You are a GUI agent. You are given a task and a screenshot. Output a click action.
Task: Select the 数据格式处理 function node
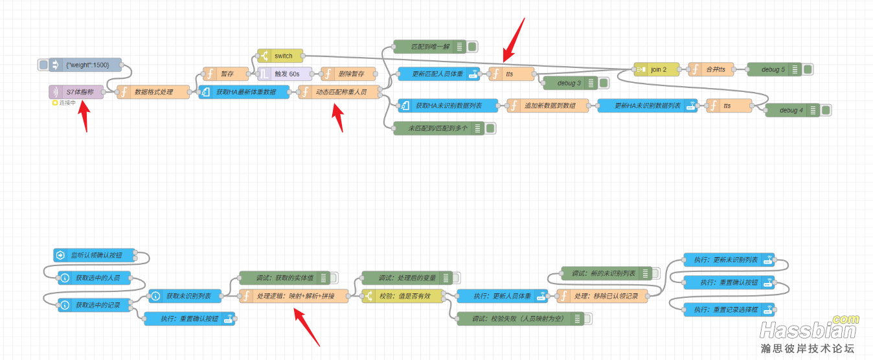coord(153,93)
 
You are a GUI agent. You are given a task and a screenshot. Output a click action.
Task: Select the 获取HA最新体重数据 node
coord(243,93)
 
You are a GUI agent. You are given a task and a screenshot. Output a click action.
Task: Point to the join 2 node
coord(657,69)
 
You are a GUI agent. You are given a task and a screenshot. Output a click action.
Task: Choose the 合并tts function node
coord(712,69)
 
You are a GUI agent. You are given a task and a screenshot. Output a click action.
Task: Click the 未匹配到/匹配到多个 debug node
coord(438,128)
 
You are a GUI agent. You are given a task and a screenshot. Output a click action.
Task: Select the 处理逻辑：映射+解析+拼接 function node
coord(293,297)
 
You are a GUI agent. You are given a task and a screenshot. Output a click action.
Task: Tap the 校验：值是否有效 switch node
coord(405,297)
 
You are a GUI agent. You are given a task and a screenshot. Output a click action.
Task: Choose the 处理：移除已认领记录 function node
coord(602,297)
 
